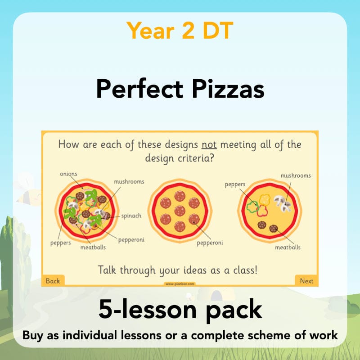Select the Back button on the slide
pyautogui.click(x=53, y=281)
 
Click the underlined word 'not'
pyautogui.click(x=209, y=145)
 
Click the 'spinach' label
pyautogui.click(x=131, y=216)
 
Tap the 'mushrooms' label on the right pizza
pyautogui.click(x=296, y=175)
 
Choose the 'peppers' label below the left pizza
pyautogui.click(x=61, y=243)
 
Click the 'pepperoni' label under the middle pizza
pyautogui.click(x=210, y=243)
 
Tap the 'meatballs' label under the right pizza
pyautogui.click(x=288, y=247)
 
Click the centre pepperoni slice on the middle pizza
pyautogui.click(x=180, y=210)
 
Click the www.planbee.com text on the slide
pyautogui.click(x=180, y=284)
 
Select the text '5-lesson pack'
pyautogui.click(x=180, y=310)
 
